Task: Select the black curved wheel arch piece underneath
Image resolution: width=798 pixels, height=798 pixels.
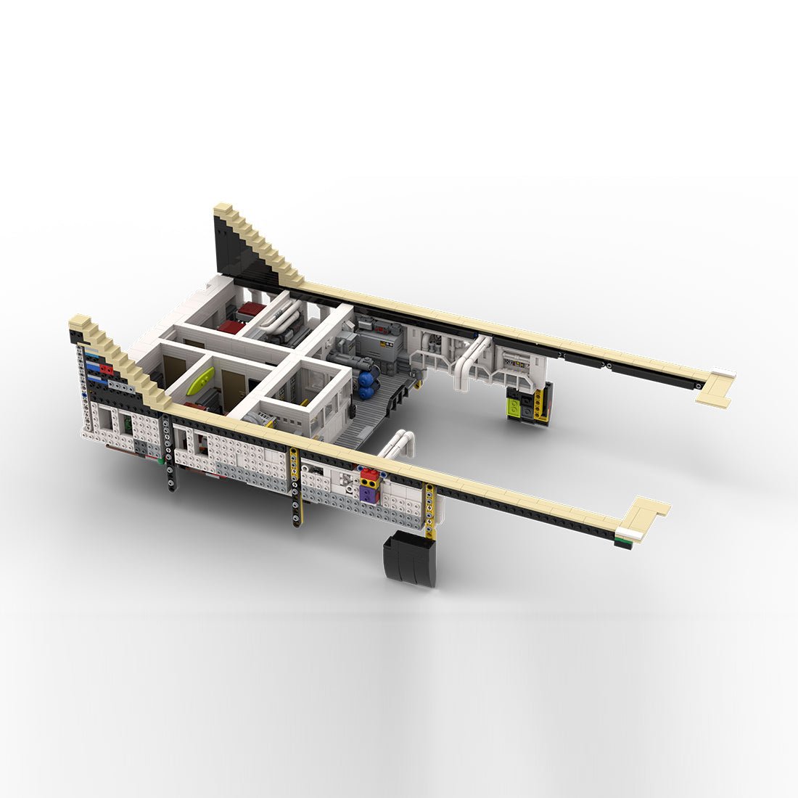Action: coord(409,559)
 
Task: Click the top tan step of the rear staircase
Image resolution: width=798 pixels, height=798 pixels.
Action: coord(222,210)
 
